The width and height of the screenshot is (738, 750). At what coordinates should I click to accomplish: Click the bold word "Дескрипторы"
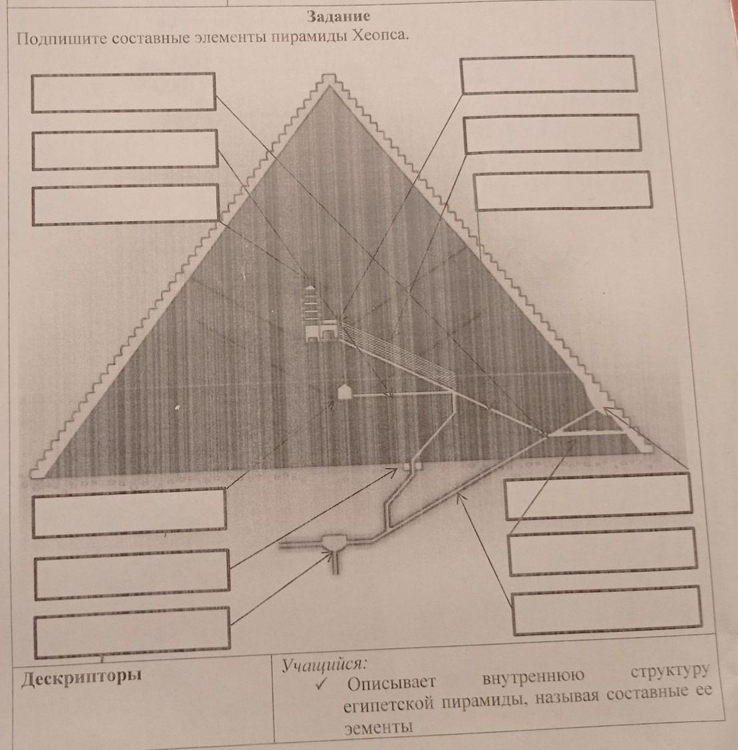pyautogui.click(x=82, y=677)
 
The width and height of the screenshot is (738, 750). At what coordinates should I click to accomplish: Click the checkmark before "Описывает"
pyautogui.click(x=322, y=684)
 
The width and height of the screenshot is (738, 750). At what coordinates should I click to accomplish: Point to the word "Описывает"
pyautogui.click(x=391, y=683)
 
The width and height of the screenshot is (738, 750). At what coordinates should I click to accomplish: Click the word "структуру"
pyautogui.click(x=669, y=672)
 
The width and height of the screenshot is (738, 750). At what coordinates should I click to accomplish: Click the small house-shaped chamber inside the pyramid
pyautogui.click(x=344, y=391)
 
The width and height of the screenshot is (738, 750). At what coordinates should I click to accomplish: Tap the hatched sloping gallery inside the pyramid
pyautogui.click(x=401, y=357)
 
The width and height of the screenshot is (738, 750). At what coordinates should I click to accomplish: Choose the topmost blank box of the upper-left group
pyautogui.click(x=124, y=92)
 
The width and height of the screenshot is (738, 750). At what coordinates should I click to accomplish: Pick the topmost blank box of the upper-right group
pyautogui.click(x=548, y=74)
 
